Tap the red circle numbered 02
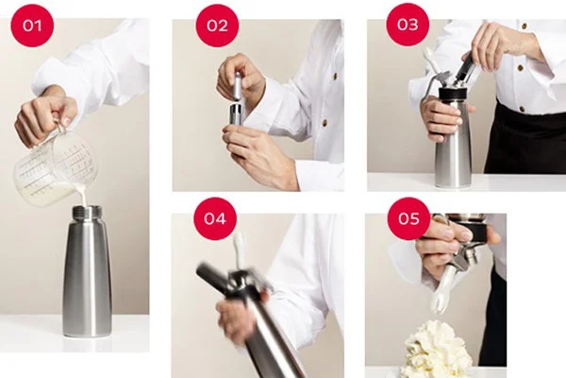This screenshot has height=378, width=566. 217,25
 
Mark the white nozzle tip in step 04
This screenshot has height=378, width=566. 240,251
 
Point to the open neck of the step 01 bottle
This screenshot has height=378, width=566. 87,212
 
